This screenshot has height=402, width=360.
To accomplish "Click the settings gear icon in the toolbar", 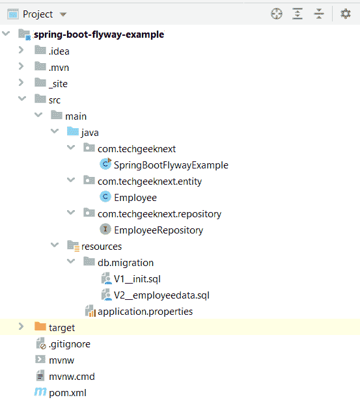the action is click(x=346, y=14).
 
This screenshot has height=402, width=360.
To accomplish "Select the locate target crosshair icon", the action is click(x=277, y=14).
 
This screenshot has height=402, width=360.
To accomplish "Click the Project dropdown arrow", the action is click(x=63, y=14).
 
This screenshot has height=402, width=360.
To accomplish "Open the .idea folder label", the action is click(x=59, y=51).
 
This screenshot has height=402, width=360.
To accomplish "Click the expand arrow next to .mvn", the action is click(x=21, y=66).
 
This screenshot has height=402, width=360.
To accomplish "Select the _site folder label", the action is click(x=58, y=84).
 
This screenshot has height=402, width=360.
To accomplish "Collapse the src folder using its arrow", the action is click(x=22, y=98).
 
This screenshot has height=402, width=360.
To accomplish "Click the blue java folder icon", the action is click(x=73, y=131).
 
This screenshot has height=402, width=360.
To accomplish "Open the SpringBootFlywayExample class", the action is click(x=171, y=165).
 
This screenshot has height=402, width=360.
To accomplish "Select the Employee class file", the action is click(x=135, y=198).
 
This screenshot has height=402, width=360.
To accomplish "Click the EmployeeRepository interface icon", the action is click(x=105, y=229).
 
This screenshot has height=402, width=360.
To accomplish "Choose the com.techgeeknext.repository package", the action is click(x=159, y=214).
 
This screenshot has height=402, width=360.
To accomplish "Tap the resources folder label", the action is click(x=102, y=247).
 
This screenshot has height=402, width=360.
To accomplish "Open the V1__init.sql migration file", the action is click(x=137, y=279).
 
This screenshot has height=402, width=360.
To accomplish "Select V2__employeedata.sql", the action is click(x=161, y=295).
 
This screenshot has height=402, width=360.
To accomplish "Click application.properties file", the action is click(x=145, y=312).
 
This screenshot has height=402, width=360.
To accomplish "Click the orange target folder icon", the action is click(x=40, y=326).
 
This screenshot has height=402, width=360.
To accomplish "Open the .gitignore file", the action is click(x=70, y=344).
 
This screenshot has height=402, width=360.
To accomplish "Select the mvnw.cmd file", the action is click(x=72, y=377).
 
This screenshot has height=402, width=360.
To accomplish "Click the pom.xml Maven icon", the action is click(x=40, y=392).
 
